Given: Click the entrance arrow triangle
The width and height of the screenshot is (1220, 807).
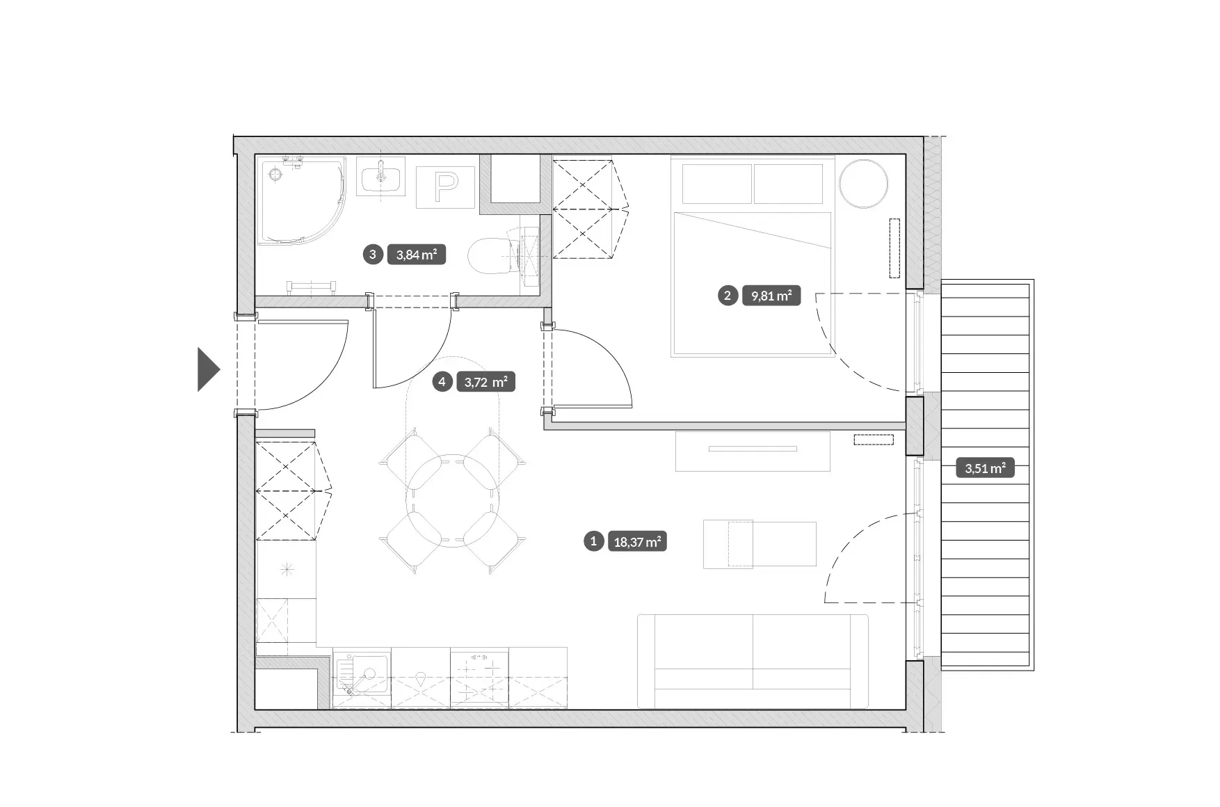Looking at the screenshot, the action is (x=207, y=369).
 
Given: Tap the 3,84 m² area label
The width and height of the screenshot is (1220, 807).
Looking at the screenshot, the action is (x=416, y=255).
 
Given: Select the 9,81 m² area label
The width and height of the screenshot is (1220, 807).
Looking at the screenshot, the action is (x=771, y=296).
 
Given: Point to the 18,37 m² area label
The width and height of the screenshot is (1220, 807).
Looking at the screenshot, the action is (x=637, y=541).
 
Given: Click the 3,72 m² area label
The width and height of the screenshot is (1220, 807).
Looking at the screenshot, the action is (x=485, y=382).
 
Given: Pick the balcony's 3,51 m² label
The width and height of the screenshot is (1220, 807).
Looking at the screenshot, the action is (x=985, y=468).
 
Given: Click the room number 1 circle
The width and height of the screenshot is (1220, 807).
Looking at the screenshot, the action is (x=593, y=541).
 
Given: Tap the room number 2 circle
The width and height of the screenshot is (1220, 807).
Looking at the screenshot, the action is (x=728, y=296).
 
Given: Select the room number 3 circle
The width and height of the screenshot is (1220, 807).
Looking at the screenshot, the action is (x=373, y=255).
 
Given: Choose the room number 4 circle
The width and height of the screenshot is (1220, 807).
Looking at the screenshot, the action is (x=442, y=381).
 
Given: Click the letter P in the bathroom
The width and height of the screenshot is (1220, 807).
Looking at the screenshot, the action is (x=445, y=186).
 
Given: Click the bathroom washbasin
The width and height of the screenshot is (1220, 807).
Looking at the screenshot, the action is (x=380, y=176).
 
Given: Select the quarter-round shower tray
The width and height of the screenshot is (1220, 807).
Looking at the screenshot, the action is (x=302, y=201).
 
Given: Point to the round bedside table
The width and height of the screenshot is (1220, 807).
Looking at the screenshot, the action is (x=863, y=184).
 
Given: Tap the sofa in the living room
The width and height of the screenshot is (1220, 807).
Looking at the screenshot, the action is (x=753, y=662).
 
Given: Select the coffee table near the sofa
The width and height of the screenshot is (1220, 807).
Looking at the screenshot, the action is (x=760, y=544).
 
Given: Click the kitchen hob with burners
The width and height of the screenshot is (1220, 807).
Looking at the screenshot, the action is (x=479, y=678).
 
